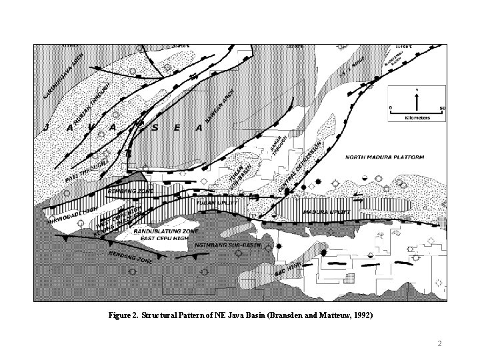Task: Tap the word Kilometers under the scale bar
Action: point(417,117)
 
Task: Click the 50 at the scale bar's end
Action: point(441,107)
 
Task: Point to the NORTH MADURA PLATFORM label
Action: point(385,158)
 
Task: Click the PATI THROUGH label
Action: point(88,165)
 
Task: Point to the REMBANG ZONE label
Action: point(131,191)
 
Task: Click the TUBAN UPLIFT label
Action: point(216,200)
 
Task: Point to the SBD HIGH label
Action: point(288,271)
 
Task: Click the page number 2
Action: point(439,343)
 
